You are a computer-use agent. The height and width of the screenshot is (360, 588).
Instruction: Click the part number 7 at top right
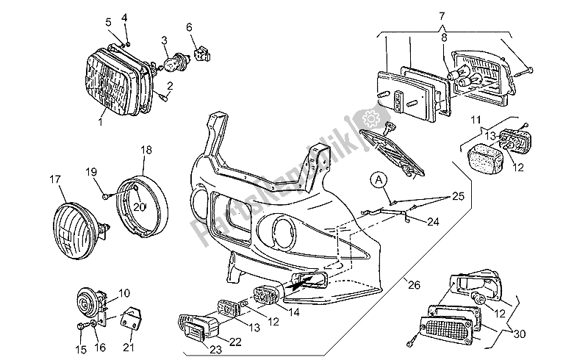pyautogui.click(x=442, y=15)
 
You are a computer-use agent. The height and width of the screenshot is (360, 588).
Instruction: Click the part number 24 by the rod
pyautogui.click(x=434, y=220)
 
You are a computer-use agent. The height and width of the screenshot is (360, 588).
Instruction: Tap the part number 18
pyautogui.click(x=146, y=150)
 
